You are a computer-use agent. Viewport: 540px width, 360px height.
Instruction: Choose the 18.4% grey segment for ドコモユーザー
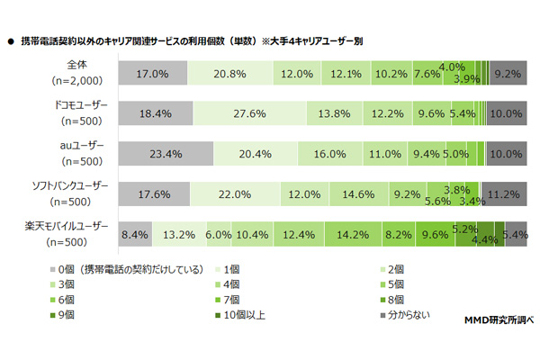point(154,113)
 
